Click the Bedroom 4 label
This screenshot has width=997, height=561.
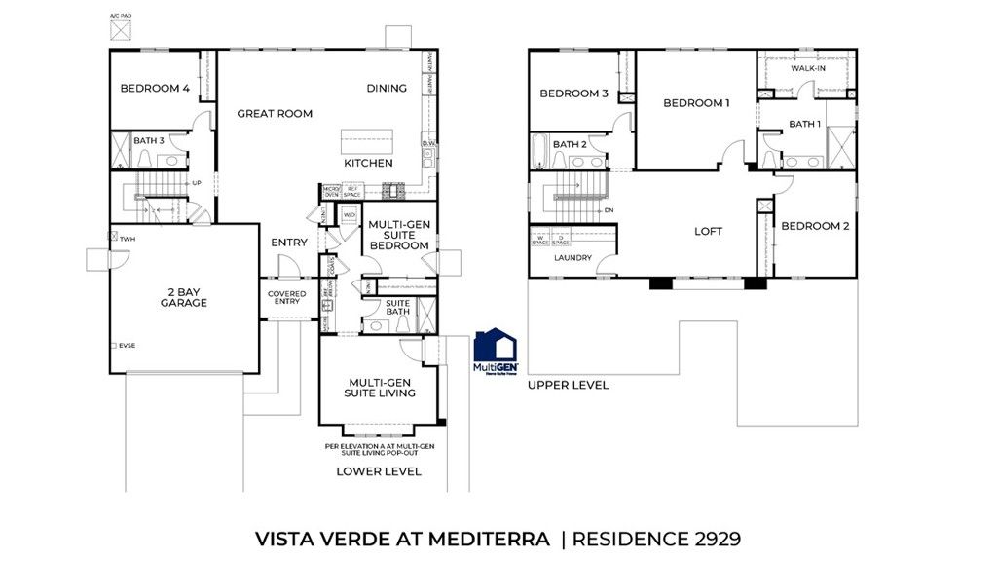point(155,89)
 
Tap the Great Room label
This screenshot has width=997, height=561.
point(275,114)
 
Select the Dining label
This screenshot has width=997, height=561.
point(387,89)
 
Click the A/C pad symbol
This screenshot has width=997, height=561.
point(121,29)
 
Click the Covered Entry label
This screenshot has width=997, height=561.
point(287,298)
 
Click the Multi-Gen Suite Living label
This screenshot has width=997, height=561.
point(379,387)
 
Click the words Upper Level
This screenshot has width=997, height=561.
point(569,385)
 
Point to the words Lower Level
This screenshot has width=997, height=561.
point(379,471)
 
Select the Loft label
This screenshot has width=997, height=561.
point(708,232)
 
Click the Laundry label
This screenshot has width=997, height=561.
point(572,258)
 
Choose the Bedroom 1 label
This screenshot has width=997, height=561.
point(696,103)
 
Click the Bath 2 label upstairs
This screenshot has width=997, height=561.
point(570,145)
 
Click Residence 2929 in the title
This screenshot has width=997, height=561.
point(660,537)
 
